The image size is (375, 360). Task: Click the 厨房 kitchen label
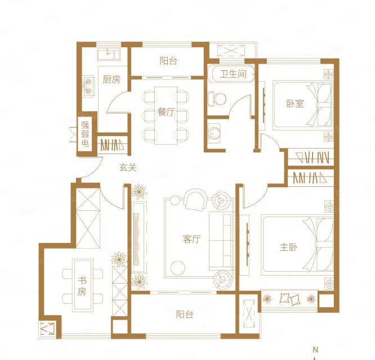click(111, 79)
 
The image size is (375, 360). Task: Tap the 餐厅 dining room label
click(166, 112)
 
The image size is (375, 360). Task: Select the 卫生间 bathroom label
click(233, 74)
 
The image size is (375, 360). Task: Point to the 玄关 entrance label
click(128, 168)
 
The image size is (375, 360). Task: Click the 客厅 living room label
click(192, 239)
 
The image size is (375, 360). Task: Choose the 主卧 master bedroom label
click(289, 247)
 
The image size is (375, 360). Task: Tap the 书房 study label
click(82, 286)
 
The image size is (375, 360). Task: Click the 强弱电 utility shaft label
click(85, 134)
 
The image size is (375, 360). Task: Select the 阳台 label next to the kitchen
click(168, 61)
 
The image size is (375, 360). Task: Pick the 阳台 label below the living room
click(184, 314)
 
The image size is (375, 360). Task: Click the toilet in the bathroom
click(217, 98)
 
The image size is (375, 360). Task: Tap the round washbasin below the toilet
click(213, 133)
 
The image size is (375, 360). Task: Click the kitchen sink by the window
click(109, 54)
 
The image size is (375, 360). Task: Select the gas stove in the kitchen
click(88, 86)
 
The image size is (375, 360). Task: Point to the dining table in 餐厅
click(166, 116)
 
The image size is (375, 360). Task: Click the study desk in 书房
click(83, 285)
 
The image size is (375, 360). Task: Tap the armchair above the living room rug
click(195, 200)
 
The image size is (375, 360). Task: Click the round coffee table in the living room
click(178, 268)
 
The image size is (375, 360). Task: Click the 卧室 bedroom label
click(295, 103)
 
